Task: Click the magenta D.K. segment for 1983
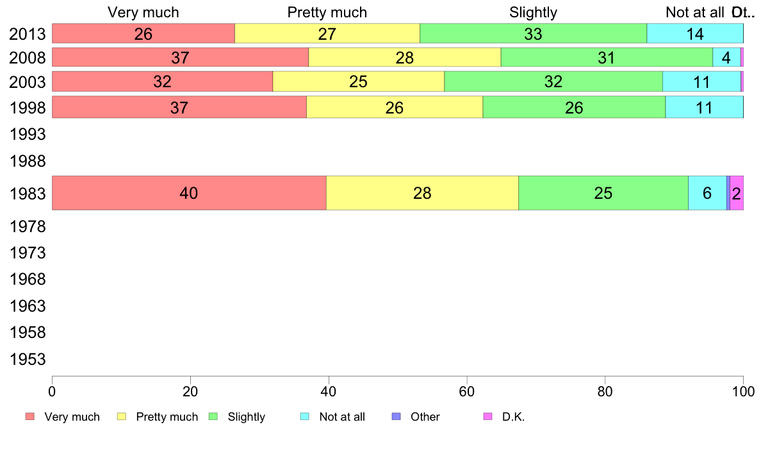point(737,192)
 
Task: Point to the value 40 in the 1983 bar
point(189,193)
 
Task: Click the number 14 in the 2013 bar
point(695,34)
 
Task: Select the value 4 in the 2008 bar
point(726,58)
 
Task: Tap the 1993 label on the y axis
point(28,135)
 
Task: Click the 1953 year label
point(28,359)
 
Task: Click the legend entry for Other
point(425,417)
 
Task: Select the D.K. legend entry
point(513,417)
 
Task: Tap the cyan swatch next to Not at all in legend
point(305,417)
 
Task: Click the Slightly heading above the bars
point(533,12)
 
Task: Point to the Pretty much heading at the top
point(327,12)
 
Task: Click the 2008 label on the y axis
point(28,58)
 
